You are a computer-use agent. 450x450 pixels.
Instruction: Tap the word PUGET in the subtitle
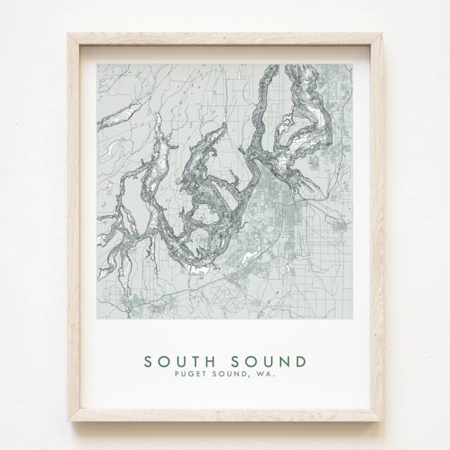pyautogui.click(x=189, y=376)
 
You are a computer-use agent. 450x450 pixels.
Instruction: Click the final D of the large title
pyautogui.click(x=301, y=361)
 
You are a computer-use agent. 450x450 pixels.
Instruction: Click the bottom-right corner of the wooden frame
pyautogui.click(x=382, y=420)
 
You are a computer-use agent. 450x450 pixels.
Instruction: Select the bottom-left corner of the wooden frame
pyautogui.click(x=69, y=420)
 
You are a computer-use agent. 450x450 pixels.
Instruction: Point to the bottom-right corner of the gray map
pyautogui.click(x=352, y=319)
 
